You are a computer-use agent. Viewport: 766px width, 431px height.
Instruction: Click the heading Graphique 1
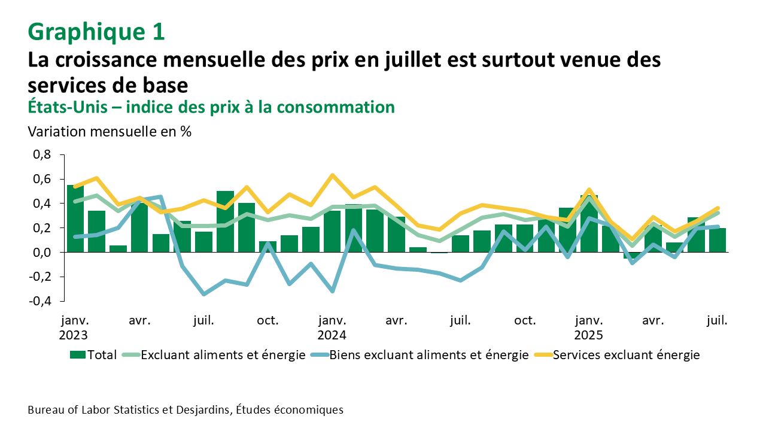click(96, 32)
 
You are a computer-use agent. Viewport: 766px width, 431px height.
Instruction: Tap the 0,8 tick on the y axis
click(42, 155)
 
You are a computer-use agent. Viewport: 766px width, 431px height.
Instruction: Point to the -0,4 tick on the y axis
click(40, 301)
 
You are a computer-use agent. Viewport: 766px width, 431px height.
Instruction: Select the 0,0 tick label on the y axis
click(42, 253)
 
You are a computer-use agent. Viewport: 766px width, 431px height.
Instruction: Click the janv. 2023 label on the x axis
click(74, 327)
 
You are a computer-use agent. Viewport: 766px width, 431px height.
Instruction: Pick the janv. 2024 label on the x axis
click(332, 327)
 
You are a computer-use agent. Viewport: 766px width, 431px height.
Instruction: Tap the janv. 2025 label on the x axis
click(589, 327)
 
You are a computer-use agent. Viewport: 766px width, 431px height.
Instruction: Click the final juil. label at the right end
click(717, 320)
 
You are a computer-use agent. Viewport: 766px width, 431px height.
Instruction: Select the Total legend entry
click(93, 355)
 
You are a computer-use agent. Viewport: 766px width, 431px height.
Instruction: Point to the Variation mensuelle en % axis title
click(110, 132)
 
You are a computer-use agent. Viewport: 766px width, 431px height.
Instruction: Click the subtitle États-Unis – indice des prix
click(211, 107)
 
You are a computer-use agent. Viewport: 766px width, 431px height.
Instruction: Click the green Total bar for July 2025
click(718, 241)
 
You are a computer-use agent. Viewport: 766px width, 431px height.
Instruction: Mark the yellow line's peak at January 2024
click(332, 175)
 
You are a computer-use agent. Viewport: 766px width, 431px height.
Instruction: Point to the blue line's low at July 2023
click(204, 294)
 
